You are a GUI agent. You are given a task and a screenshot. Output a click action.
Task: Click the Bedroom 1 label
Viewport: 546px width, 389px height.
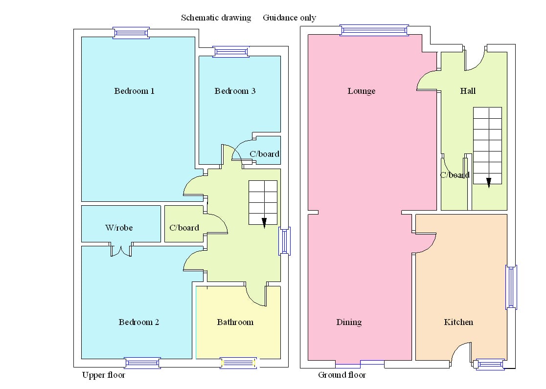tap(135, 91)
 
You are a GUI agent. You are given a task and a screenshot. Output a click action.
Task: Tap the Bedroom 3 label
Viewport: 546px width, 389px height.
tap(235, 91)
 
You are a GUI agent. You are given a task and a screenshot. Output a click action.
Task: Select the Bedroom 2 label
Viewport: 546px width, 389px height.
tap(139, 322)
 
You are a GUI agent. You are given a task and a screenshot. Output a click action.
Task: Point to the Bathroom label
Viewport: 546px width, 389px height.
tap(235, 322)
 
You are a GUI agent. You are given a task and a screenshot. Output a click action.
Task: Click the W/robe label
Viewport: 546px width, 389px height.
tap(119, 228)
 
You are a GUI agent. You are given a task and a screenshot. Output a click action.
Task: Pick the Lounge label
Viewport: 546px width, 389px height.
tap(362, 91)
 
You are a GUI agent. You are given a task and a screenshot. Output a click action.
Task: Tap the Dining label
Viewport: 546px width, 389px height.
tap(349, 322)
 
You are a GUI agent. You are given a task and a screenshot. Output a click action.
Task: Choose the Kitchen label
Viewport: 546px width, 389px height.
tap(458, 322)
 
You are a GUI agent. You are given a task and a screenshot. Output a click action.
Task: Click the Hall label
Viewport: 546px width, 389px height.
tap(468, 91)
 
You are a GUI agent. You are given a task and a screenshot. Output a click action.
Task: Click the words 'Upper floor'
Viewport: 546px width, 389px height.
tap(103, 375)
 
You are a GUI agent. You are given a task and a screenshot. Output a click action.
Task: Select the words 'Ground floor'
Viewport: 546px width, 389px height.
tap(342, 375)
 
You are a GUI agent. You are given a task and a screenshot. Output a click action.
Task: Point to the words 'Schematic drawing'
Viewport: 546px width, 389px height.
tap(216, 18)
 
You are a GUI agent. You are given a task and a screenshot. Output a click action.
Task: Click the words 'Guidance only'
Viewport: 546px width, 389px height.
tap(290, 18)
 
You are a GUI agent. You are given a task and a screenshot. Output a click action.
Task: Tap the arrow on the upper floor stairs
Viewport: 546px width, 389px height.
tap(264, 223)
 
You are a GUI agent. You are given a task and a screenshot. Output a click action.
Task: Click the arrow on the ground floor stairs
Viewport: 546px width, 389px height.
tap(488, 182)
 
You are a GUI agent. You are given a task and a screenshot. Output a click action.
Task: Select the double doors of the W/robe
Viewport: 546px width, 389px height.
tap(121, 251)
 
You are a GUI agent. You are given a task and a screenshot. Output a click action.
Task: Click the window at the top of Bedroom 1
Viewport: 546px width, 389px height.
tap(131, 33)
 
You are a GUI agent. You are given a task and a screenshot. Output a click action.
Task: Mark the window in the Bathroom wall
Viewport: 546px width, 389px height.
tap(239, 363)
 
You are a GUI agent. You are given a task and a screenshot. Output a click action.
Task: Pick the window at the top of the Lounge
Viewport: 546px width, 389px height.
tap(374, 30)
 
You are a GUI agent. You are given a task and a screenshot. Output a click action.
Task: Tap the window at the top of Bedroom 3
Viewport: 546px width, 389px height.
tap(231, 51)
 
